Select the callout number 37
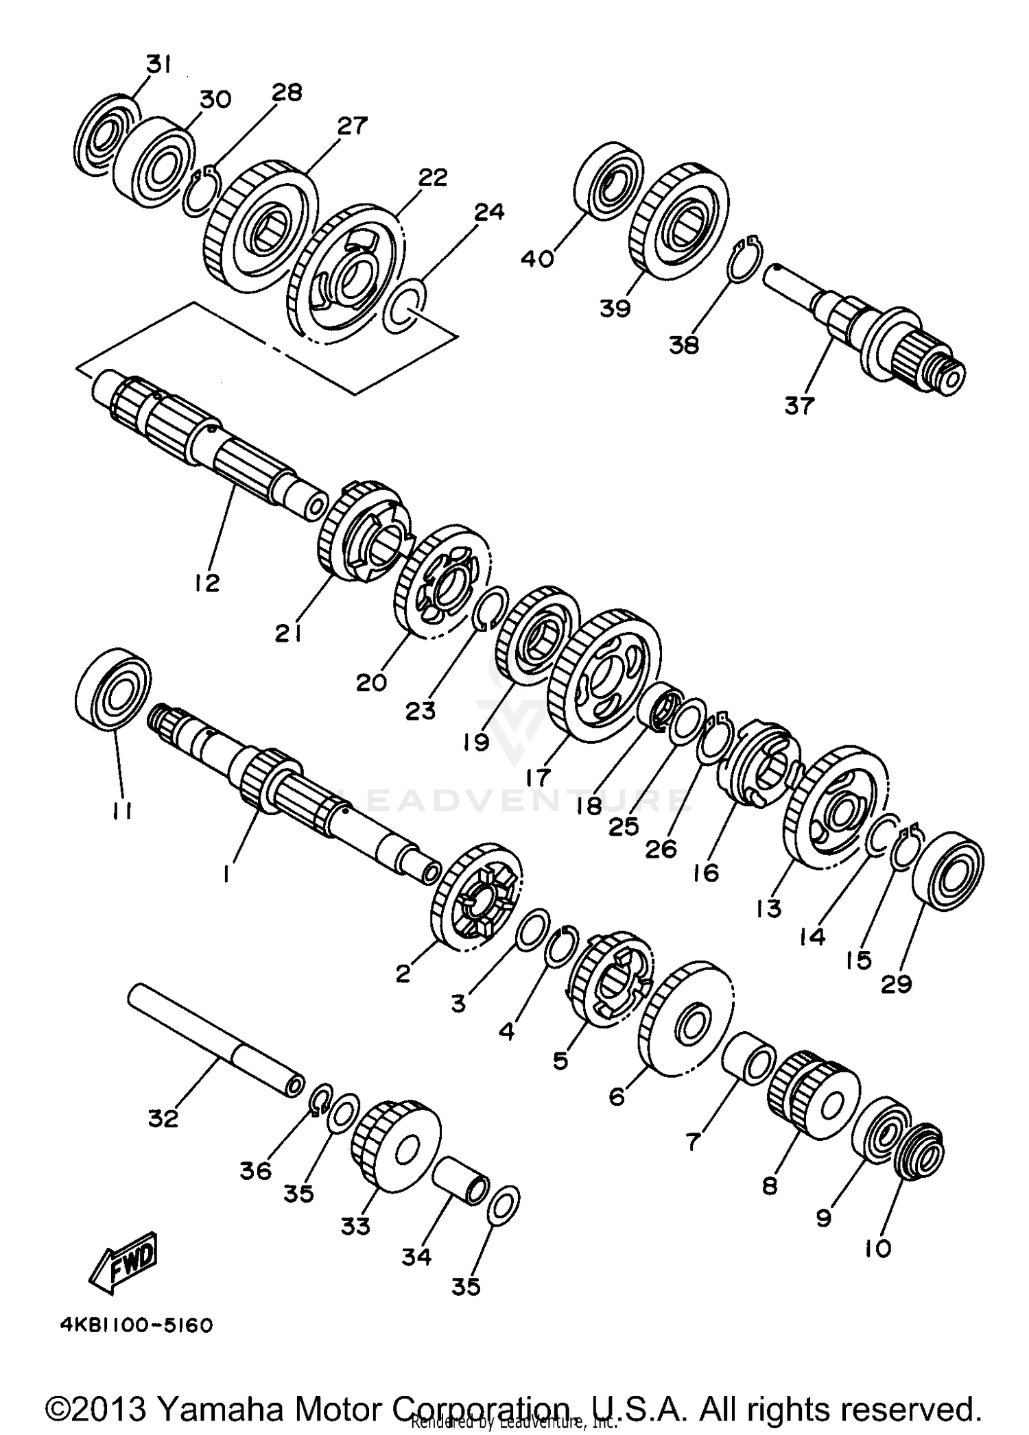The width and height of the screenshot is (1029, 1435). (799, 406)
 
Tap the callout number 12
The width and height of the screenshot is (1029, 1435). (206, 583)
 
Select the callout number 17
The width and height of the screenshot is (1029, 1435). (539, 777)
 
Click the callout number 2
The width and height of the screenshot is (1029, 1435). (403, 972)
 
